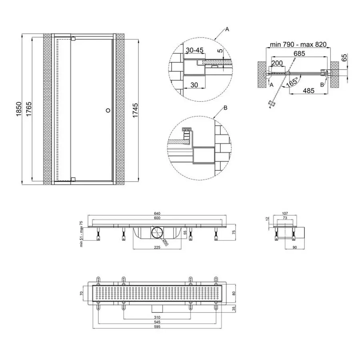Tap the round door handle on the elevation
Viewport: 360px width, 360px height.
click(x=107, y=109)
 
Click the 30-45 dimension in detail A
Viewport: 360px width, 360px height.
click(x=195, y=50)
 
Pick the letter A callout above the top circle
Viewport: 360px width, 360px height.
click(x=227, y=29)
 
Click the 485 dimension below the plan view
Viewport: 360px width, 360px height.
click(x=308, y=91)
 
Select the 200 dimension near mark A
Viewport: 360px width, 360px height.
click(x=277, y=63)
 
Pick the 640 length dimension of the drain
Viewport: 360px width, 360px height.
click(x=159, y=214)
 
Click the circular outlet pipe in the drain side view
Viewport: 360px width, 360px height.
click(x=156, y=232)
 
